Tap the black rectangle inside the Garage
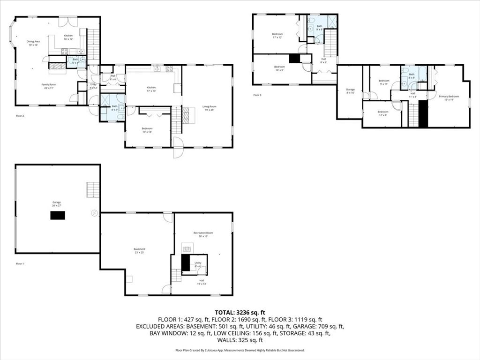58,215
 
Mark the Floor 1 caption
20,264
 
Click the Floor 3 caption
257,95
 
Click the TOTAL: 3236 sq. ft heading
240,312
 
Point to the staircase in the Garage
92,189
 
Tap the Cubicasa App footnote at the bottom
240,350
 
